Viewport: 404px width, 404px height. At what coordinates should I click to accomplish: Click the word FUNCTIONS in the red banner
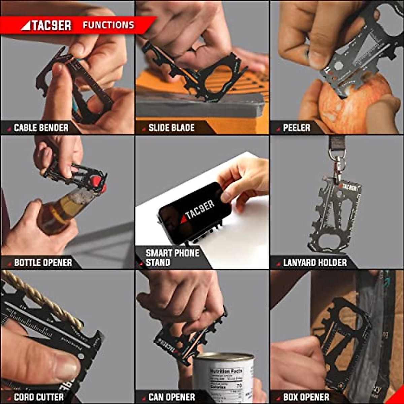tap(108, 25)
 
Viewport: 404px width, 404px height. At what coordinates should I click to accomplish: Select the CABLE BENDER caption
tap(41, 128)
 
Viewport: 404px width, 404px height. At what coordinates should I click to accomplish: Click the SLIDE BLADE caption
tap(171, 128)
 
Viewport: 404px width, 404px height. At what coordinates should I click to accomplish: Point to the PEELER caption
tap(296, 128)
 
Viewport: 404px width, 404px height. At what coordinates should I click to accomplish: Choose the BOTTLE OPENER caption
tap(43, 262)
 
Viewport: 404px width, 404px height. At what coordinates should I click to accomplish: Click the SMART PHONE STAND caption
tap(172, 258)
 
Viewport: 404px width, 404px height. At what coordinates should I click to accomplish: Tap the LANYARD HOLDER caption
tap(315, 262)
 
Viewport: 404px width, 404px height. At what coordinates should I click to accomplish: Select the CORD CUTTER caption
tap(39, 397)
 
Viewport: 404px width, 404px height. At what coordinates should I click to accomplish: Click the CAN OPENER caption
tap(172, 397)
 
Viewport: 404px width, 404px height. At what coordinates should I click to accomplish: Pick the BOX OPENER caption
tap(306, 397)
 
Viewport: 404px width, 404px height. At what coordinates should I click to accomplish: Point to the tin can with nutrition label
tap(224, 377)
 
